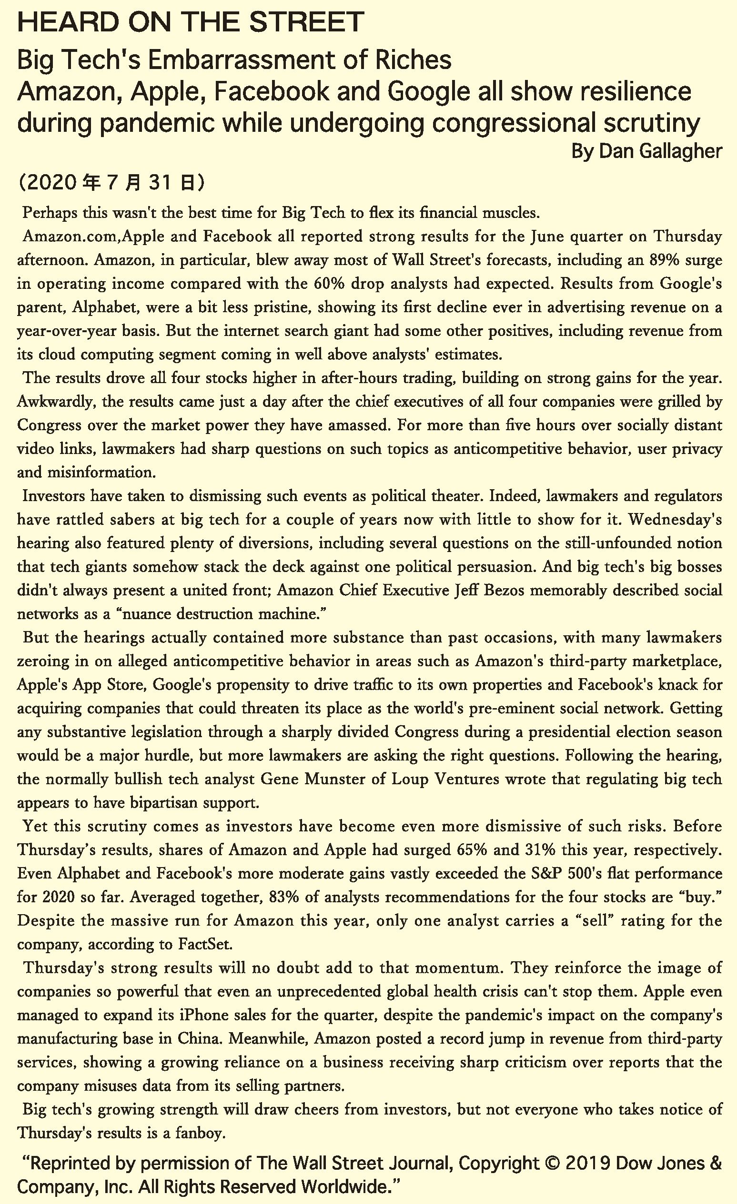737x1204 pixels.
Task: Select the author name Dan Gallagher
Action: pyautogui.click(x=660, y=151)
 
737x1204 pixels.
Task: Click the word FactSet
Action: pyautogui.click(x=204, y=944)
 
